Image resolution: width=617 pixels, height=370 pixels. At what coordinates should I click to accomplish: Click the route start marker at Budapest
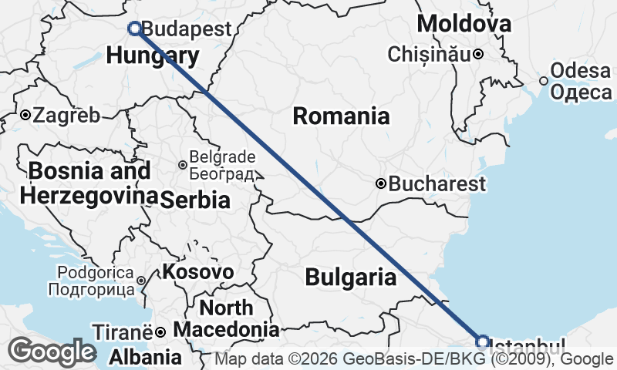(135, 29)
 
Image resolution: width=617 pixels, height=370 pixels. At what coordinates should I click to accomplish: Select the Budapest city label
(187, 29)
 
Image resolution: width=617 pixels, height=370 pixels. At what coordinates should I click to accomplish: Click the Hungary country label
(153, 55)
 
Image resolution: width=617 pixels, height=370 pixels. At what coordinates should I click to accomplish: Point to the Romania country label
(341, 116)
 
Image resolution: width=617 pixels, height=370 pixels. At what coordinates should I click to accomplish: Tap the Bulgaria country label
(351, 277)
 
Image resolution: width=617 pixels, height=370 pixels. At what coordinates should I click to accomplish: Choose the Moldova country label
(464, 24)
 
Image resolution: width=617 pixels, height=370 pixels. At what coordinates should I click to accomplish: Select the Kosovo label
(197, 272)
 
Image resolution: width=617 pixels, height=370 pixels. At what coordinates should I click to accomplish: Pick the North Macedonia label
(226, 319)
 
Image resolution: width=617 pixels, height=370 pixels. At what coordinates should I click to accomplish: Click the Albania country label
(146, 357)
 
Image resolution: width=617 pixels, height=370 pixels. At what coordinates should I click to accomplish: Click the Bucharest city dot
(381, 183)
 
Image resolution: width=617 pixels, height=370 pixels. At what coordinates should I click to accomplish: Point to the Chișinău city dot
(478, 54)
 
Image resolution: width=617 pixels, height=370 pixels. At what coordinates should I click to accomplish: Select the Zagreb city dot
(25, 116)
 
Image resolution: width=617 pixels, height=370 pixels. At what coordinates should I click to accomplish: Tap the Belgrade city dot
(182, 164)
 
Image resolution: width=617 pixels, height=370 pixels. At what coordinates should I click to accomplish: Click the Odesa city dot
(544, 80)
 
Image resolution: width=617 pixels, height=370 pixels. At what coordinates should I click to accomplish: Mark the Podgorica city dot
(142, 280)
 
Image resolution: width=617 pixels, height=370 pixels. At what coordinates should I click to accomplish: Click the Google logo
(52, 352)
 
